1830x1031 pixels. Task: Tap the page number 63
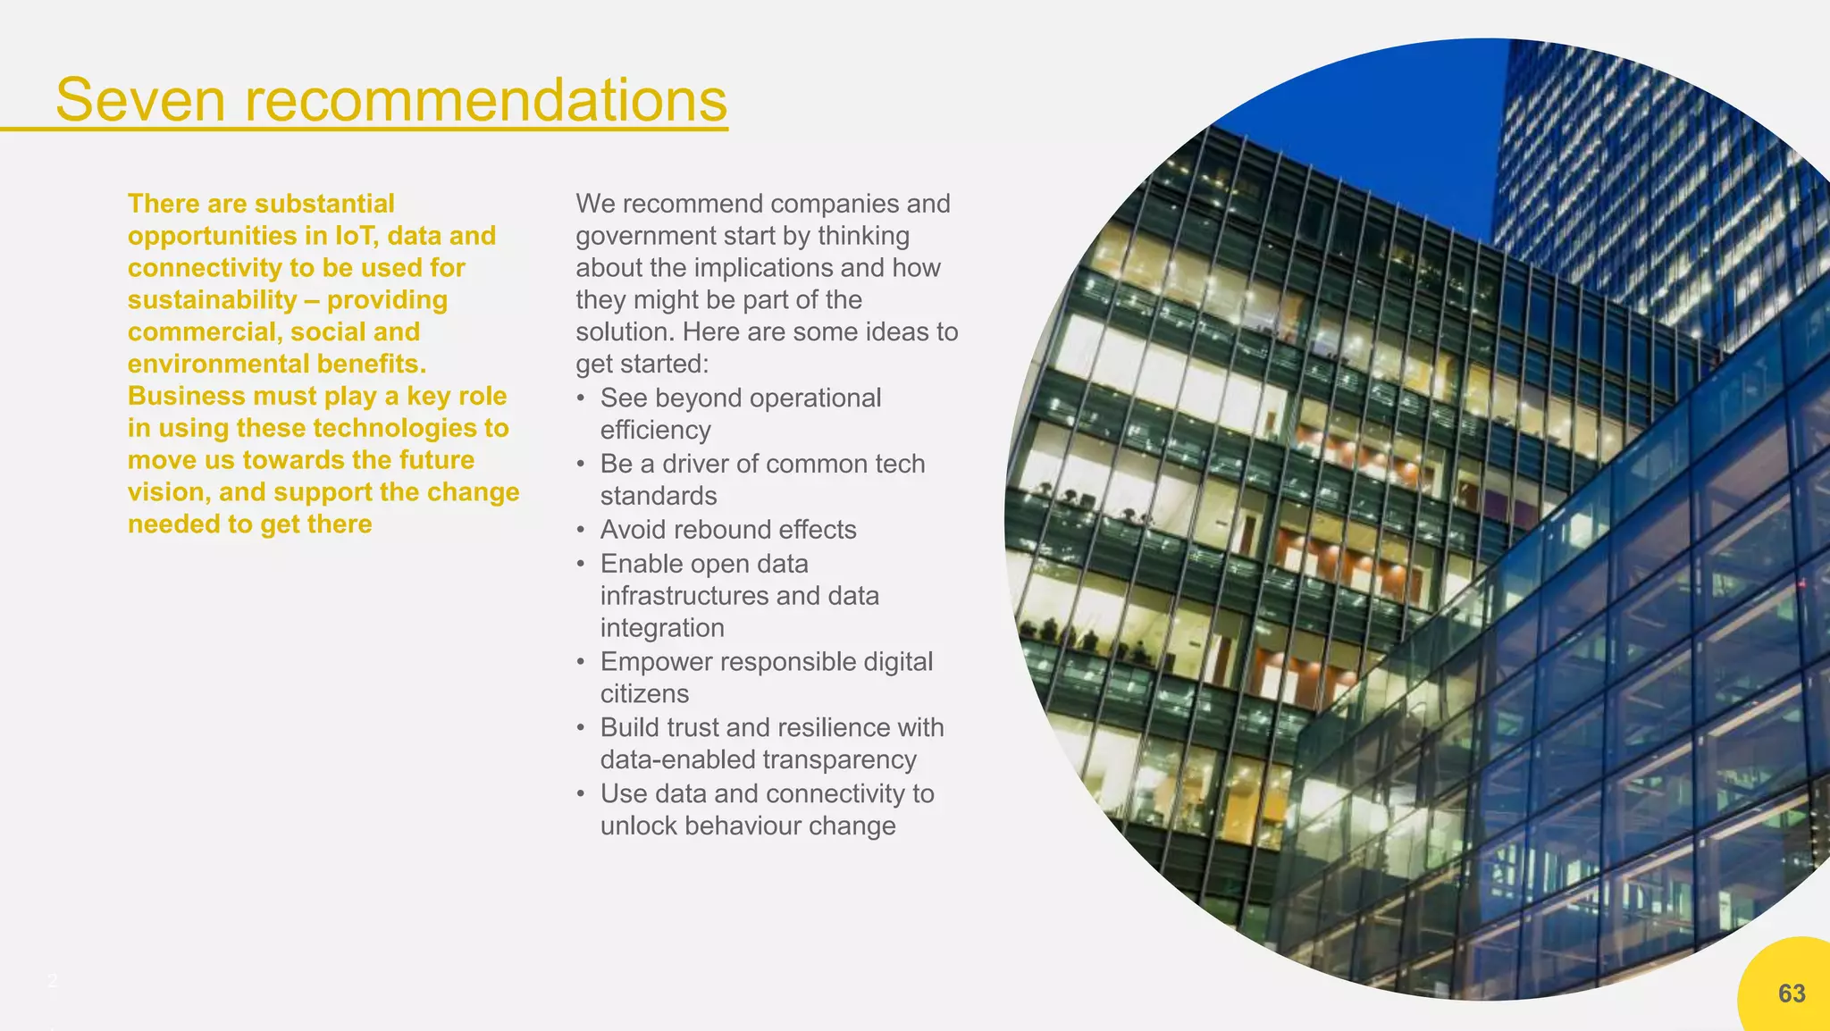1792,993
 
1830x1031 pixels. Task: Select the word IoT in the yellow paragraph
357,236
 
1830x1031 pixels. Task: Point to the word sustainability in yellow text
212,300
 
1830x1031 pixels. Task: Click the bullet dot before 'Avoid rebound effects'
582,531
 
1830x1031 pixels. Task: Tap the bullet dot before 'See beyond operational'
582,398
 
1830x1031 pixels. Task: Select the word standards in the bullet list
659,496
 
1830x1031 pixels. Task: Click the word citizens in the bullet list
644,694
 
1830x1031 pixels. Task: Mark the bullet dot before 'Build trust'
582,728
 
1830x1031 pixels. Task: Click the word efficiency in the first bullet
655,431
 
